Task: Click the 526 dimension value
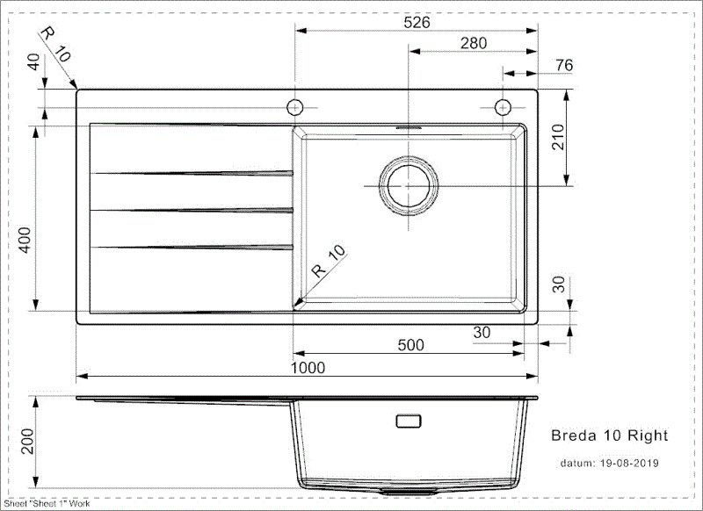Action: coord(417,23)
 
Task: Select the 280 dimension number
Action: coord(472,43)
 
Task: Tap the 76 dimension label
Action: coord(564,64)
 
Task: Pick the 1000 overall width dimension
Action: coord(308,368)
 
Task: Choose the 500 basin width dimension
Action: coord(410,345)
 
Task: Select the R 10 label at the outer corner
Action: coord(55,42)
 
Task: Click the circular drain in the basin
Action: coord(407,186)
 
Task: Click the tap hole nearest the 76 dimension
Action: coord(503,107)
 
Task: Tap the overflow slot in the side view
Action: coord(409,421)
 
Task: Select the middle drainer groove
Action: coord(192,210)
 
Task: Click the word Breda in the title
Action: coord(571,435)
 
